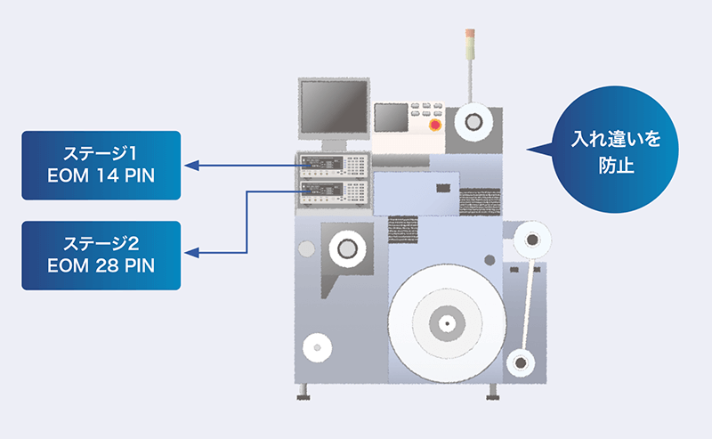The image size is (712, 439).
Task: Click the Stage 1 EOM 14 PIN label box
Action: click(101, 165)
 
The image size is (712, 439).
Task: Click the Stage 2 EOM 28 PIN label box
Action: click(101, 255)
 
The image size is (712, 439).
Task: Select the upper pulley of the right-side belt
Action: click(531, 240)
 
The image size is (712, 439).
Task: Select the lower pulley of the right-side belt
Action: click(519, 361)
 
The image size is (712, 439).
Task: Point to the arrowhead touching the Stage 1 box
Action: click(191, 165)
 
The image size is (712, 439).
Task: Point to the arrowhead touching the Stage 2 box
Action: click(191, 254)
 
